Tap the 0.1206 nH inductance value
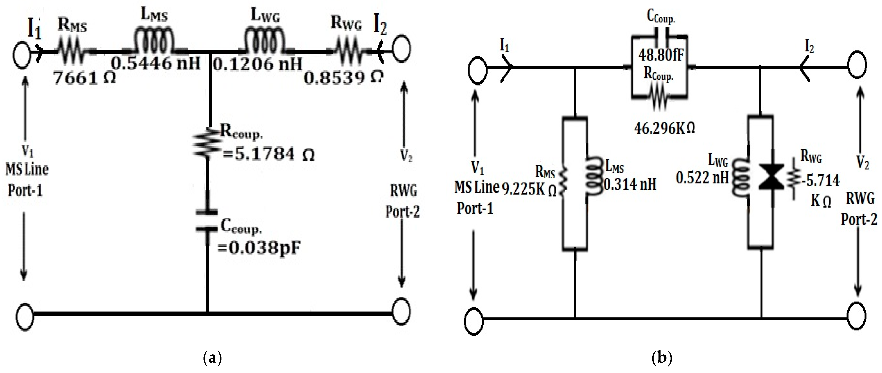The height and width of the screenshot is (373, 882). tap(258, 64)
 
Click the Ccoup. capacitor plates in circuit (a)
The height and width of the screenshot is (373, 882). tap(207, 221)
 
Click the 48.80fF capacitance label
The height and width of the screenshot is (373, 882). tap(661, 55)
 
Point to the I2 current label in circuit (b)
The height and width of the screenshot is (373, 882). tap(809, 47)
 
